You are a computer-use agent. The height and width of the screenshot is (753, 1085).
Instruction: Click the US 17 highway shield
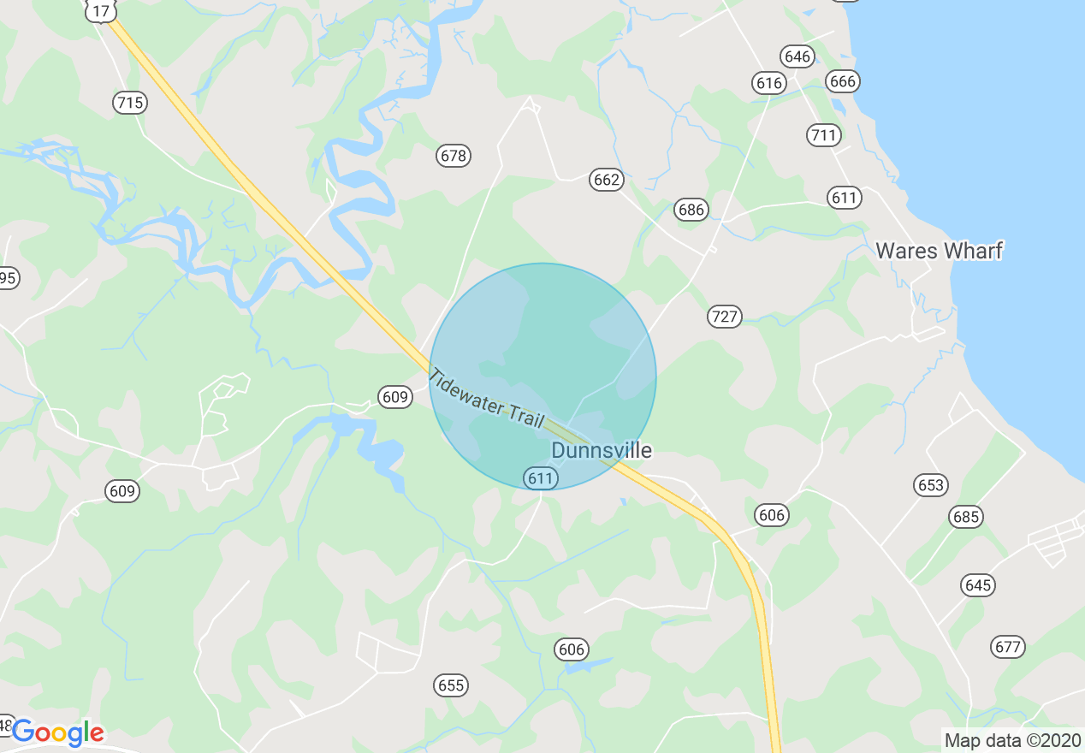[101, 10]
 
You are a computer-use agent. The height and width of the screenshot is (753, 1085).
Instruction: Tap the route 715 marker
[130, 104]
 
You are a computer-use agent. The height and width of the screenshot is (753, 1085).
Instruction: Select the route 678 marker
[454, 156]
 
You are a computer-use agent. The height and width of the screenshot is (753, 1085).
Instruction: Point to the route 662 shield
[606, 180]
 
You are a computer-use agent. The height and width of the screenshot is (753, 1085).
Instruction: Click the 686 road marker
[691, 210]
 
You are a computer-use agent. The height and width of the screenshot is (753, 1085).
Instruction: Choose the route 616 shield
[769, 83]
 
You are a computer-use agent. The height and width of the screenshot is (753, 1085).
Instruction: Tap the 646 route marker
[797, 57]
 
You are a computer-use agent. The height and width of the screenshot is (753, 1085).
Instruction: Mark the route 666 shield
[842, 81]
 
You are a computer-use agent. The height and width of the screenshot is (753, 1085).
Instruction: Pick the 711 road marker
[823, 135]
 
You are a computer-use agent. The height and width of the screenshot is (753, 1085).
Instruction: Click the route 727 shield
[724, 317]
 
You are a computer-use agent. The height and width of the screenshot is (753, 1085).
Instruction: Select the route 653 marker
[930, 485]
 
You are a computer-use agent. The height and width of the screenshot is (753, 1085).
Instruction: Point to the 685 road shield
[966, 517]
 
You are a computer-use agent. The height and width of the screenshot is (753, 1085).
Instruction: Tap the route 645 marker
[978, 585]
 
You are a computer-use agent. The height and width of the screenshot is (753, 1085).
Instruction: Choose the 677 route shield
[1008, 647]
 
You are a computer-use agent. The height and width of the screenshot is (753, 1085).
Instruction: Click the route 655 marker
[450, 685]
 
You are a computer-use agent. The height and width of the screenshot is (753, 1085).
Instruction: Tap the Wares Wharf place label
[939, 251]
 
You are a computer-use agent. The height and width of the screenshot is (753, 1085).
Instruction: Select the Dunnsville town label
[602, 450]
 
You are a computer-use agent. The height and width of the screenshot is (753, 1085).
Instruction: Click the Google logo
[57, 732]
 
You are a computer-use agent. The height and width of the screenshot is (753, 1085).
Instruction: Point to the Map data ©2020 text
[1011, 740]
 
